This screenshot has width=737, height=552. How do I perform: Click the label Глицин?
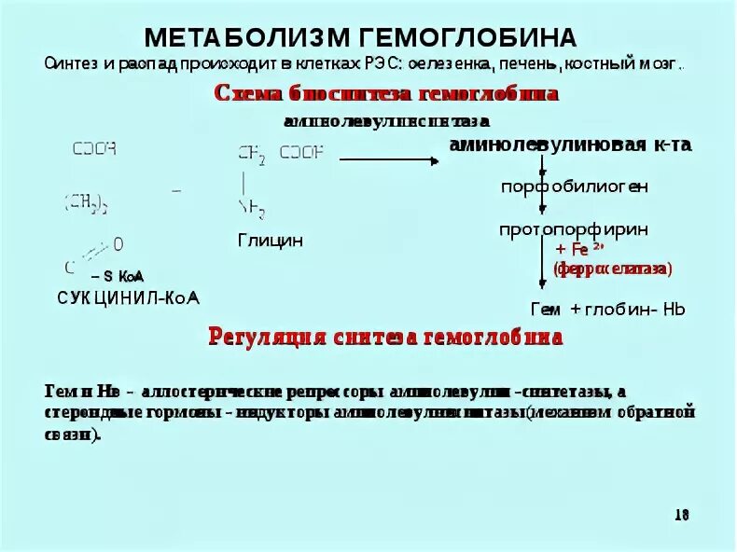[271, 241]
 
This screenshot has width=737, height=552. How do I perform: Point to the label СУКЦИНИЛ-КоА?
[129, 297]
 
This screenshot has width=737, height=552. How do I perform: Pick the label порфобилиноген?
[575, 186]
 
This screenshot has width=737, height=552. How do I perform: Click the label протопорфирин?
[574, 228]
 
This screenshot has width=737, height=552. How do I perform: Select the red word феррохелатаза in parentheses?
[612, 269]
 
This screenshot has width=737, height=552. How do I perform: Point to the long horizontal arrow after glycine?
[388, 159]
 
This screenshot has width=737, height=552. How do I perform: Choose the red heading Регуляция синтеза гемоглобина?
[384, 338]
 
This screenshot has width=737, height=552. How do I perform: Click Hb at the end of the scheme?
[674, 309]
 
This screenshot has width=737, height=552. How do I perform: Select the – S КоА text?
[118, 276]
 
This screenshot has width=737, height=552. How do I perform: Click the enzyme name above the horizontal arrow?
[386, 122]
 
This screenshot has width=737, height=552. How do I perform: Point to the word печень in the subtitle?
[529, 65]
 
